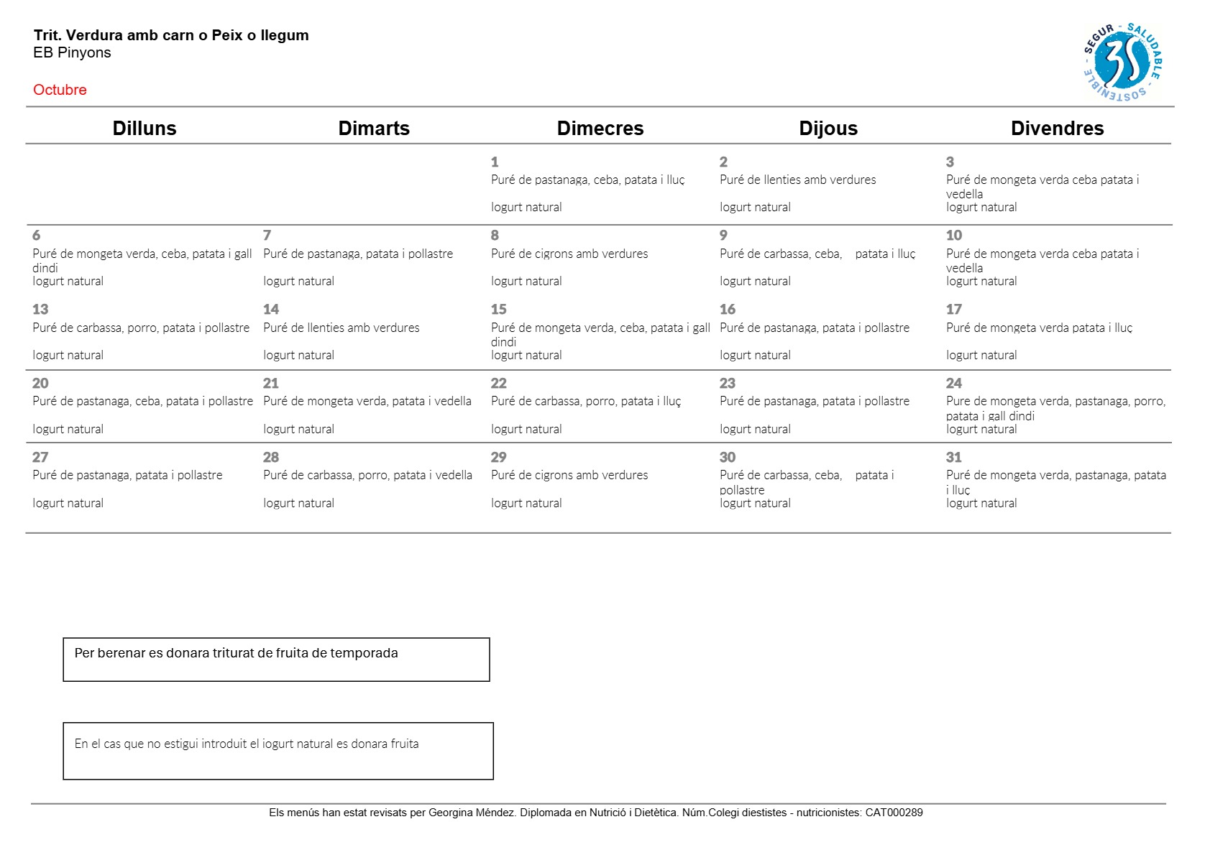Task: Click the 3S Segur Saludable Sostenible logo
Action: click(x=1122, y=62)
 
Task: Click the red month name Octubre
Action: click(x=60, y=90)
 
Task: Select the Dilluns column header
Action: click(x=145, y=128)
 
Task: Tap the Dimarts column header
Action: click(x=374, y=128)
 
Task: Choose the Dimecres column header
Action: click(x=600, y=128)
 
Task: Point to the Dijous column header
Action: click(x=828, y=128)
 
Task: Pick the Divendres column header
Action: click(x=1057, y=128)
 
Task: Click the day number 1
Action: click(x=495, y=162)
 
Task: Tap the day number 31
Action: click(x=953, y=457)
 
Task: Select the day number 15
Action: click(x=499, y=309)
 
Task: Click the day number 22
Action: click(x=499, y=383)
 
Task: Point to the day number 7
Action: click(x=267, y=235)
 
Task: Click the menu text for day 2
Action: click(x=797, y=180)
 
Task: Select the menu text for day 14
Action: click(x=341, y=328)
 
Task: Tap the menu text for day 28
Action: click(x=367, y=475)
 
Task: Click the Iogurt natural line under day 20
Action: click(x=68, y=429)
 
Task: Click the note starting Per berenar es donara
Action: click(x=236, y=653)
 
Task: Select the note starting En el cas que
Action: click(x=246, y=744)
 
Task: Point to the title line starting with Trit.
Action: click(x=171, y=35)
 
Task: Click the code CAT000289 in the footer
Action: click(x=894, y=813)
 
